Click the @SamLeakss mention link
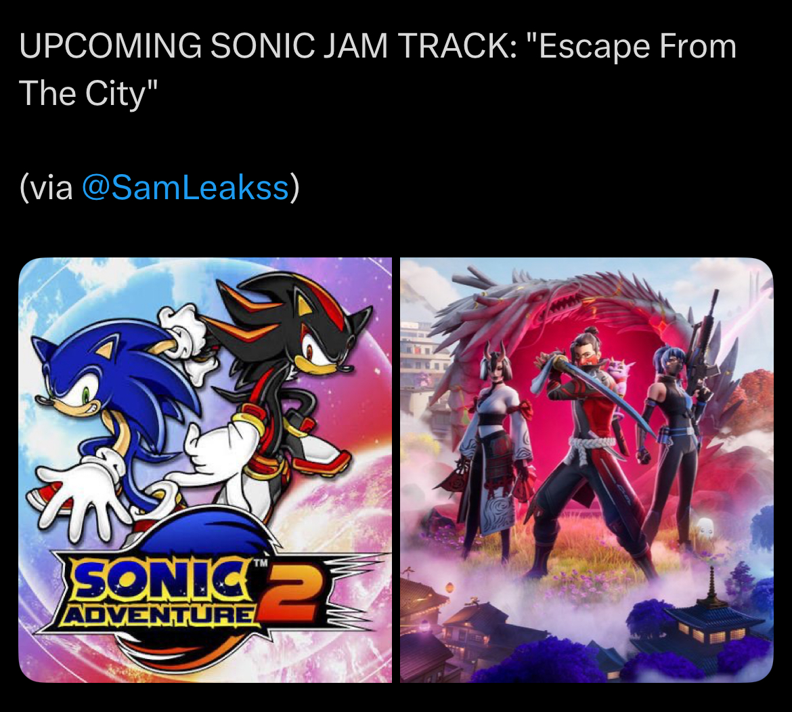tap(185, 188)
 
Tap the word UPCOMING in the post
tap(110, 47)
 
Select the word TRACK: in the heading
tap(457, 47)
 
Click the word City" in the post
tap(121, 95)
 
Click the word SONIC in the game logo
tap(163, 580)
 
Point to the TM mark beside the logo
tap(260, 562)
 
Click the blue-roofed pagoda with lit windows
tap(709, 621)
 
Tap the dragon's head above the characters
tap(556, 303)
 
